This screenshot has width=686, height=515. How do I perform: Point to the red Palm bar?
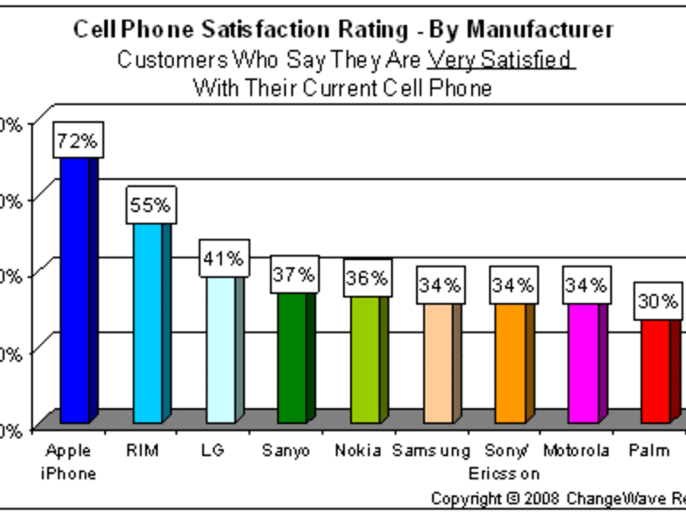[656, 371]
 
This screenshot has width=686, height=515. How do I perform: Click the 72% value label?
[76, 140]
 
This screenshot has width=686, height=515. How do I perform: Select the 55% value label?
[150, 205]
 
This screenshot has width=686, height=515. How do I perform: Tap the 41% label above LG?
[223, 258]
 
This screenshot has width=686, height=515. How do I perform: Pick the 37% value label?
[295, 274]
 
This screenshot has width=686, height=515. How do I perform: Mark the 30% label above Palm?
[657, 301]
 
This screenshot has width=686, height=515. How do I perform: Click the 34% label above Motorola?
[585, 285]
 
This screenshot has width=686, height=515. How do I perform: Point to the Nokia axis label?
[358, 450]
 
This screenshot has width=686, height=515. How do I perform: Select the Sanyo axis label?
[286, 450]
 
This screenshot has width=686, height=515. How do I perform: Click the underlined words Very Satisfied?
[502, 60]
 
